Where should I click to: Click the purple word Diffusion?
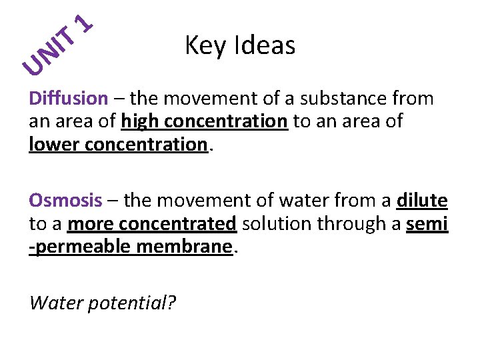68,99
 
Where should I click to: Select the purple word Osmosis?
65,201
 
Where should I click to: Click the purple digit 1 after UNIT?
84,22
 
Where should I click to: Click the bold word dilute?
422,201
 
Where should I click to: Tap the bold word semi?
427,223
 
